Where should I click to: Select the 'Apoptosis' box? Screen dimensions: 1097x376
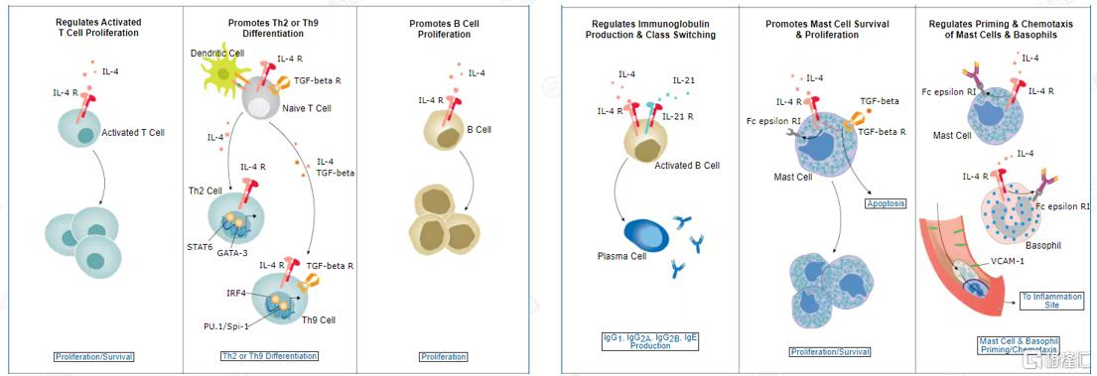click(885, 204)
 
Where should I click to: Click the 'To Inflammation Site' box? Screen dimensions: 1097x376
click(1041, 302)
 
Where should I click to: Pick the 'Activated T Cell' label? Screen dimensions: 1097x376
click(133, 132)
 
